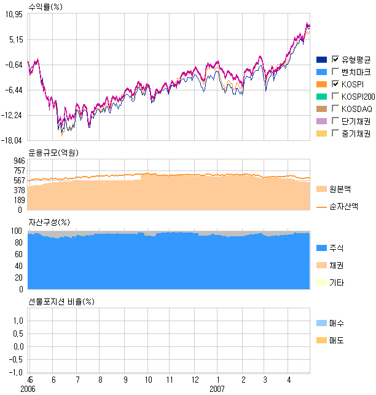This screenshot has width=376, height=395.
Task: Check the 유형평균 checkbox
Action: pos(335,59)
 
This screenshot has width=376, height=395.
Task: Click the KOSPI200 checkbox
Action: pos(335,97)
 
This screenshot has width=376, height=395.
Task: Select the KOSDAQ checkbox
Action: pos(335,109)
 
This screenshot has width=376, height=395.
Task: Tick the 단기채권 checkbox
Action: pos(335,121)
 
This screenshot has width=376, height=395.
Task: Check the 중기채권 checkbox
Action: pos(335,134)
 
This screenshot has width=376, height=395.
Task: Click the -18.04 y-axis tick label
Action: pos(12,140)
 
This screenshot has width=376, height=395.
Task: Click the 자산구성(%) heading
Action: pos(49,222)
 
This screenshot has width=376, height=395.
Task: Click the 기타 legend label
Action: pos(337,283)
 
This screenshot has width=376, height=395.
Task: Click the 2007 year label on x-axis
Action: pos(217,389)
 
